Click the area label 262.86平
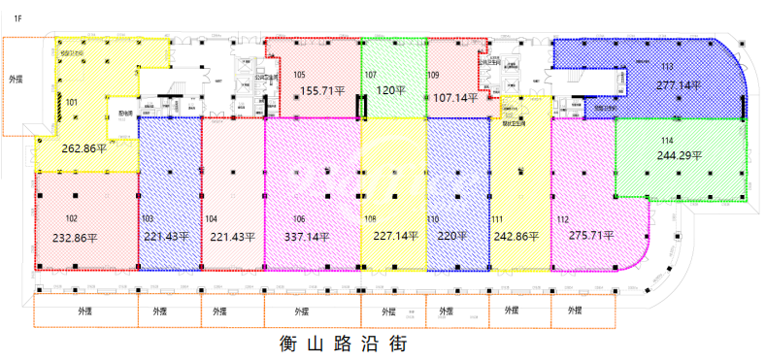83,149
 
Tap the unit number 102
71,218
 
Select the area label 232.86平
83,237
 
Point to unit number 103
148,218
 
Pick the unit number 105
299,75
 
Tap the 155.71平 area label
322,90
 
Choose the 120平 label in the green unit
391,90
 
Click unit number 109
433,75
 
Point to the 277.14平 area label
679,84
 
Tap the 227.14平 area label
394,236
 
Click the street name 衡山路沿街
342,343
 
